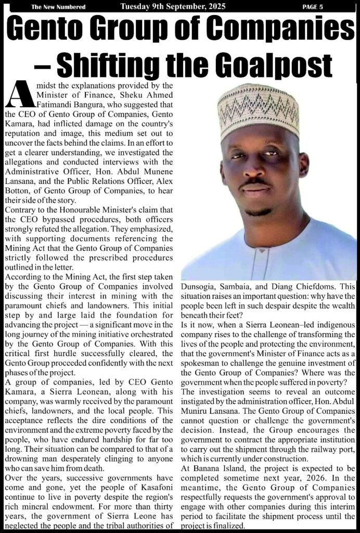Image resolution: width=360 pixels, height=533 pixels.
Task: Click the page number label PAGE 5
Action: click(313, 6)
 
